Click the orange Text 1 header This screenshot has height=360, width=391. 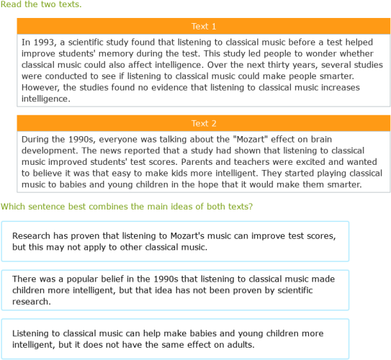pyautogui.click(x=204, y=26)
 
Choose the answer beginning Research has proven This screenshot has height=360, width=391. pyautogui.click(x=175, y=241)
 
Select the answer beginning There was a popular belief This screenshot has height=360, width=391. pyautogui.click(x=175, y=290)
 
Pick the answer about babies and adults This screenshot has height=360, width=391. pyautogui.click(x=175, y=339)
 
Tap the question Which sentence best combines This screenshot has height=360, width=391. pyautogui.click(x=126, y=207)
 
